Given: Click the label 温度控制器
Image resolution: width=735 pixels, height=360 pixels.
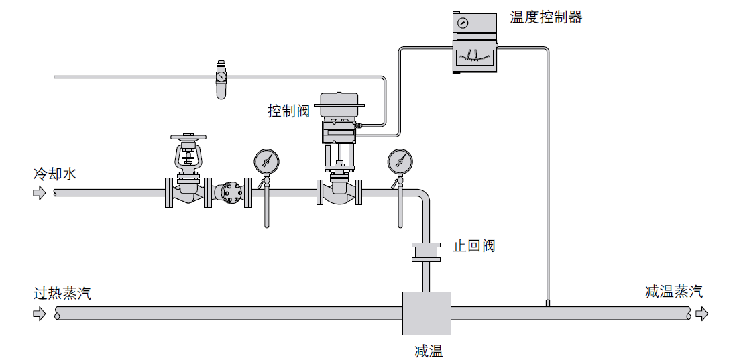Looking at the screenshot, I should pyautogui.click(x=546, y=17).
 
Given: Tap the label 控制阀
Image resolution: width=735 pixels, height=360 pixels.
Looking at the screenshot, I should pyautogui.click(x=288, y=111).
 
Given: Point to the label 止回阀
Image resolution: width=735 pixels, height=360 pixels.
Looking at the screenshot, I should pyautogui.click(x=473, y=246).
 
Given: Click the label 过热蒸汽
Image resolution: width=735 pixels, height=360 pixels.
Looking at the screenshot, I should pyautogui.click(x=62, y=293).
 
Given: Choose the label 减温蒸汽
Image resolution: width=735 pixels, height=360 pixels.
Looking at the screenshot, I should pyautogui.click(x=674, y=292).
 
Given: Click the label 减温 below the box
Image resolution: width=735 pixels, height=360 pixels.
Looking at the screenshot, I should pyautogui.click(x=429, y=351).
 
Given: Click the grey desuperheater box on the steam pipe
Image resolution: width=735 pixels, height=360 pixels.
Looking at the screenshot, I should pyautogui.click(x=427, y=313).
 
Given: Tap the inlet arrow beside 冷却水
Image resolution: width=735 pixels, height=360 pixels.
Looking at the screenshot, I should pyautogui.click(x=40, y=193).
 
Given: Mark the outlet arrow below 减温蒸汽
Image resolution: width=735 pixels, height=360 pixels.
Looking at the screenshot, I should pyautogui.click(x=701, y=314).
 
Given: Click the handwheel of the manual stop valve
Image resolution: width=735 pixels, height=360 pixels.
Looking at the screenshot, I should pyautogui.click(x=188, y=135).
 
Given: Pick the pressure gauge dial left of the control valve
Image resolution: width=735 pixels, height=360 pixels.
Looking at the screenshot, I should pyautogui.click(x=266, y=161).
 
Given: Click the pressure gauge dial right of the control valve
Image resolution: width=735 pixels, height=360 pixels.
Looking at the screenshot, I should pyautogui.click(x=400, y=161).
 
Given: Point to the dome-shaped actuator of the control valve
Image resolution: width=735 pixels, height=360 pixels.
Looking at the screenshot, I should pyautogui.click(x=342, y=102).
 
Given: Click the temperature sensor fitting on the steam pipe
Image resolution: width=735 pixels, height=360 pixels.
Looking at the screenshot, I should pyautogui.click(x=548, y=303).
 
